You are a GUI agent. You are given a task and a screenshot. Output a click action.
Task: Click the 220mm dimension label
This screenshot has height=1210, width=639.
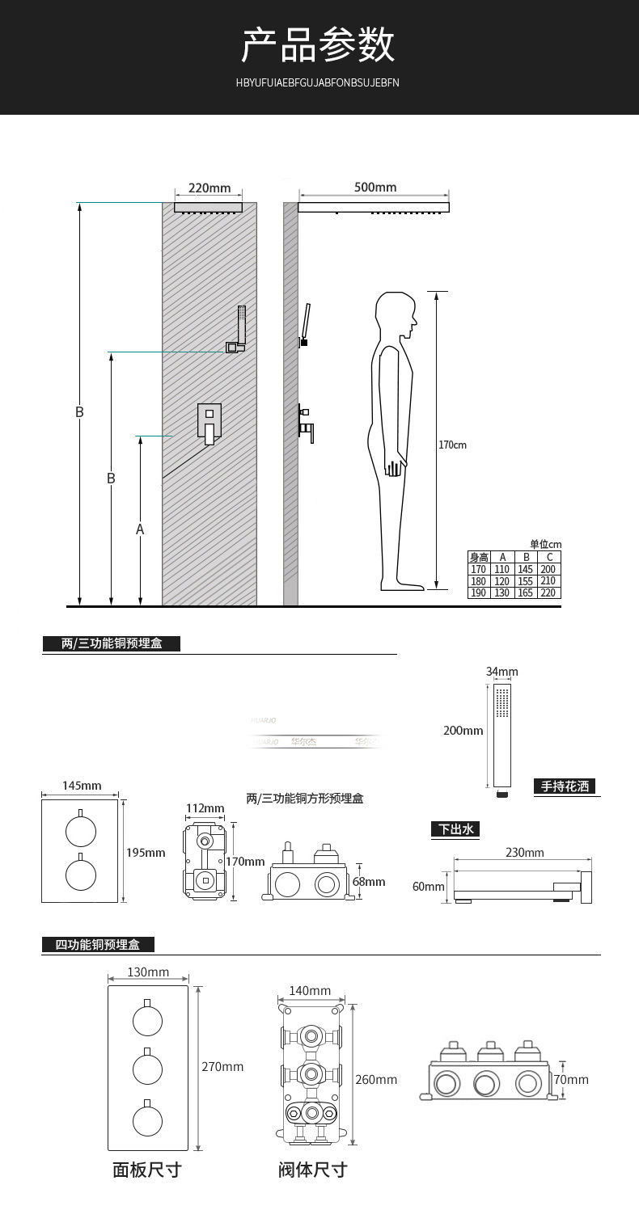click(209, 188)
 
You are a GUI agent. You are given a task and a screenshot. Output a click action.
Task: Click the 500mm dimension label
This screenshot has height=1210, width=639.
click(375, 188)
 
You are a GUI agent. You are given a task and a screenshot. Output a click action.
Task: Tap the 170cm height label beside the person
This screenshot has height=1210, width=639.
click(453, 445)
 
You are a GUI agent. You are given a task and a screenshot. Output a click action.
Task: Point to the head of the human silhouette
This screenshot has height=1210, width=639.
click(396, 315)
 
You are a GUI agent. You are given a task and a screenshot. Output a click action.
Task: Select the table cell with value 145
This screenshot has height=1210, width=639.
click(525, 569)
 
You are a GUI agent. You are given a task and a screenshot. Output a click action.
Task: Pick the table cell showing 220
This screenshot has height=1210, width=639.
click(549, 592)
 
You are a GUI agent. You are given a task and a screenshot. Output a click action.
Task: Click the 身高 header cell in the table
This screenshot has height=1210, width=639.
click(479, 557)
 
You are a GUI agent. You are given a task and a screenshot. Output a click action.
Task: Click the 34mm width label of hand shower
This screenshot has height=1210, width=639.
click(501, 672)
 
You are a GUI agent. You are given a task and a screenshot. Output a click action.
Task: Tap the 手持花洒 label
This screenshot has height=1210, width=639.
click(565, 786)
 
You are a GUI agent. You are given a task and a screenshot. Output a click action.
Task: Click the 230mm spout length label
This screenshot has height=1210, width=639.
click(525, 853)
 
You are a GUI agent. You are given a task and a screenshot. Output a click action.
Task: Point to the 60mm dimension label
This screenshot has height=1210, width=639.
click(429, 887)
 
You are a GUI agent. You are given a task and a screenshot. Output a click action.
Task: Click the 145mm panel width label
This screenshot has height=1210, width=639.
click(82, 786)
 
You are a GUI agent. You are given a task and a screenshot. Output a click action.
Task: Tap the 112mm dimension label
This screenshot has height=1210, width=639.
click(205, 808)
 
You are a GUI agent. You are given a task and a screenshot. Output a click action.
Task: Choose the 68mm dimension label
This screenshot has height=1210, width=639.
click(369, 882)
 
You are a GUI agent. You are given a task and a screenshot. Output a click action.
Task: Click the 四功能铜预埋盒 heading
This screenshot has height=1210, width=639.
click(98, 944)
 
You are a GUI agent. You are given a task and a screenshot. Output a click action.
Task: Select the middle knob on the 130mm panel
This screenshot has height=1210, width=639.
click(147, 1069)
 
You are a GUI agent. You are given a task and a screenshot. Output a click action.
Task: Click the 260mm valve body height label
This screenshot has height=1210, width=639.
click(376, 1080)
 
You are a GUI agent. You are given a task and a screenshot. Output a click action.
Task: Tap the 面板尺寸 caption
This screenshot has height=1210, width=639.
click(146, 1170)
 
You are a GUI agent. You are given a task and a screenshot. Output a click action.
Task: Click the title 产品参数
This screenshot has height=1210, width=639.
click(319, 44)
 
